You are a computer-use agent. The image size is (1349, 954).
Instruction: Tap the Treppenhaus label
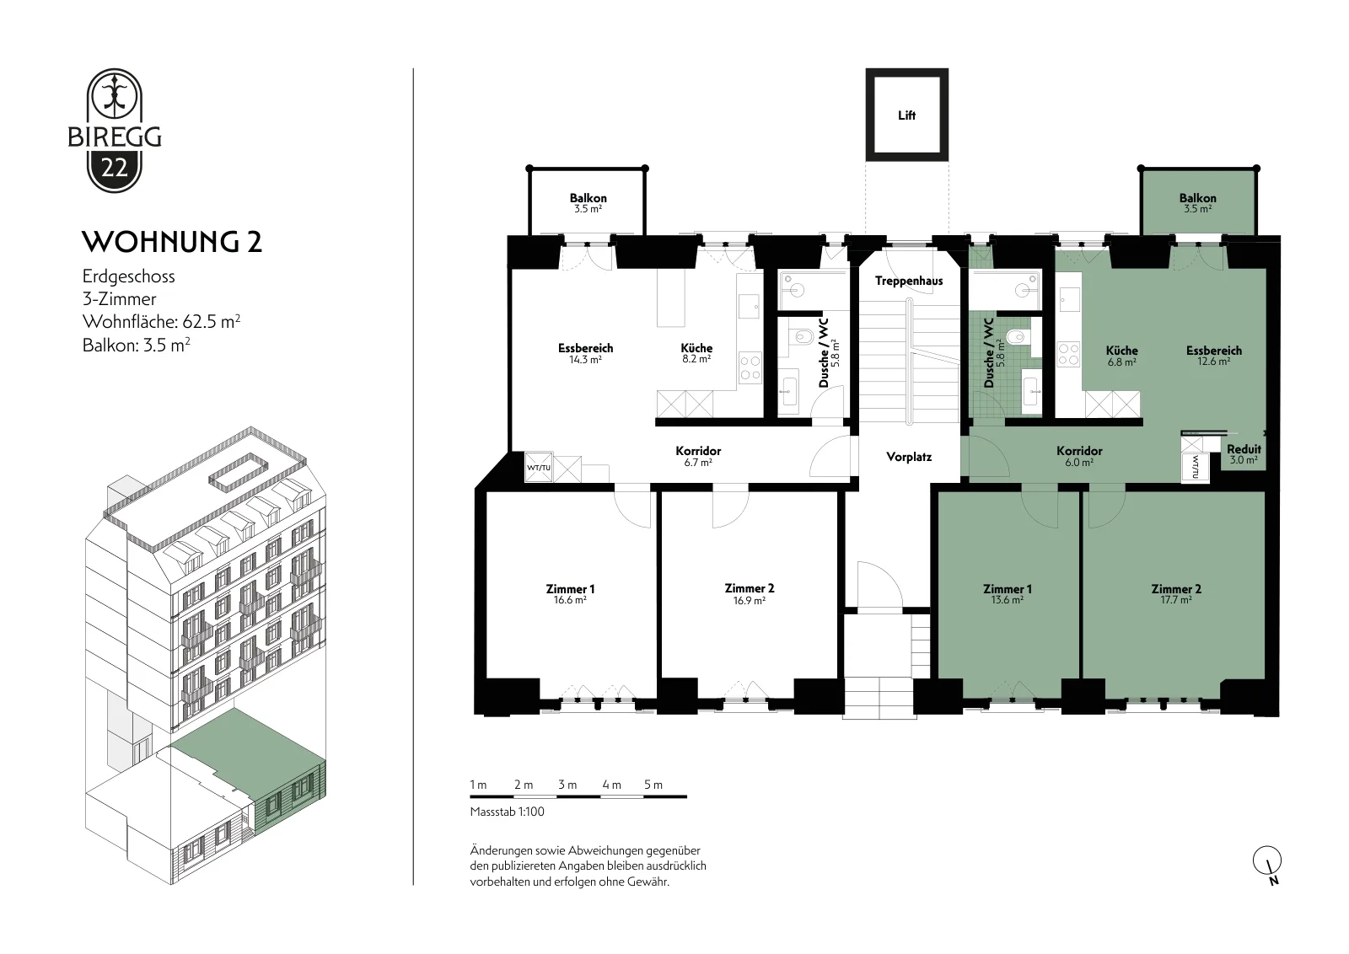click(x=909, y=281)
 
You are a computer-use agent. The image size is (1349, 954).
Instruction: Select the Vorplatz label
click(x=909, y=457)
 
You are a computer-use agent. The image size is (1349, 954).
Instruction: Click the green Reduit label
click(x=1244, y=449)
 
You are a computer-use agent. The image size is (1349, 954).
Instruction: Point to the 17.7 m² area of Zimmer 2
click(x=1176, y=600)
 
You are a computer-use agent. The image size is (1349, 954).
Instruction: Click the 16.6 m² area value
click(x=570, y=600)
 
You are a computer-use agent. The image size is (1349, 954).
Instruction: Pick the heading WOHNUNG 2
click(x=172, y=242)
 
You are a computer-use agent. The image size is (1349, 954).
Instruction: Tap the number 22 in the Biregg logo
click(x=115, y=168)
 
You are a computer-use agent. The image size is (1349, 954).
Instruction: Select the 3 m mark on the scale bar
click(x=567, y=785)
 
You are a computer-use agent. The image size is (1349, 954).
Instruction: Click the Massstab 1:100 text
click(x=507, y=812)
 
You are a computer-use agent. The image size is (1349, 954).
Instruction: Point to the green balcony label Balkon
click(x=1197, y=198)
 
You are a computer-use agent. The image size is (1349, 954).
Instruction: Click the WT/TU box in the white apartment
click(x=539, y=468)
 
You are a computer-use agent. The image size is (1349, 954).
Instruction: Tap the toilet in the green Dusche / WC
click(x=1017, y=336)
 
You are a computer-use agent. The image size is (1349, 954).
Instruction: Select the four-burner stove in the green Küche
click(x=1068, y=354)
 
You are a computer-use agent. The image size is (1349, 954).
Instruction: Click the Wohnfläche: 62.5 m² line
click(x=161, y=321)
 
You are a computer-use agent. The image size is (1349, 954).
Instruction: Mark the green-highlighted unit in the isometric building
click(x=248, y=773)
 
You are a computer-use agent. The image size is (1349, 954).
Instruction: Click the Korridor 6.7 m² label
click(x=698, y=456)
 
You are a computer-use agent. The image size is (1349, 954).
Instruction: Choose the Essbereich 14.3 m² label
click(x=585, y=353)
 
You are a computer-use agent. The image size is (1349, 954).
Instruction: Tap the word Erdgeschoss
click(x=129, y=277)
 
